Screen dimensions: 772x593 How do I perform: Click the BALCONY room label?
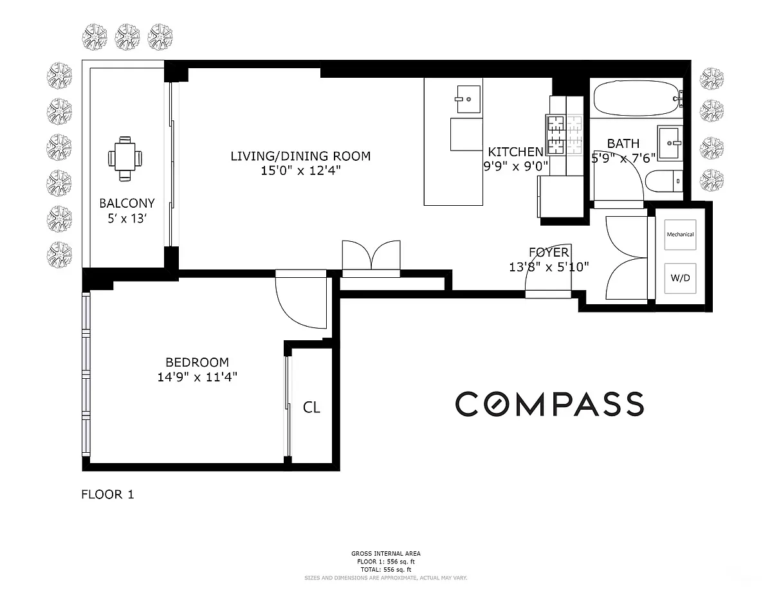[x=127, y=203]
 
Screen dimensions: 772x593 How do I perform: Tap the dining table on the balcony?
[x=125, y=159]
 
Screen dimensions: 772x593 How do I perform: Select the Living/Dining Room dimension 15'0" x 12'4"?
[x=300, y=171]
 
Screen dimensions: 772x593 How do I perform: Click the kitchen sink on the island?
[x=468, y=99]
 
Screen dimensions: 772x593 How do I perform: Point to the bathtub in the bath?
[x=637, y=98]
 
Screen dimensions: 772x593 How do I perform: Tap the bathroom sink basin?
[x=670, y=143]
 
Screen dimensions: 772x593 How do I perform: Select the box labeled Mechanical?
[x=680, y=234]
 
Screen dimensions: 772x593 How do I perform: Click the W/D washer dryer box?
[x=680, y=278]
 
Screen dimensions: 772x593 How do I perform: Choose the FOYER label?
[x=549, y=253]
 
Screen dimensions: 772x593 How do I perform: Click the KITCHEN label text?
[x=515, y=152]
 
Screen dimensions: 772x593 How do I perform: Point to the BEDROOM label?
[x=197, y=362]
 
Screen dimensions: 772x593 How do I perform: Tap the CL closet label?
[x=311, y=408]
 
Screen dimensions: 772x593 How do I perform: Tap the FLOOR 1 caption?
[x=107, y=495]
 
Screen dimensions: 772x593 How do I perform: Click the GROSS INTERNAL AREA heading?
[x=386, y=553]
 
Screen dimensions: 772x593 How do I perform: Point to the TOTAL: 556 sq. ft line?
[x=386, y=570]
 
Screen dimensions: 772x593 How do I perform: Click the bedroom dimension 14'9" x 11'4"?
[x=197, y=377]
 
